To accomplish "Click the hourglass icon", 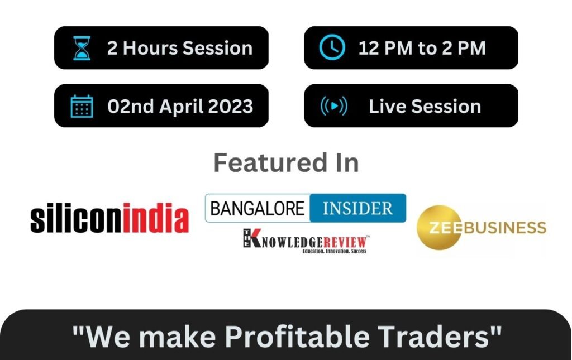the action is point(82,48).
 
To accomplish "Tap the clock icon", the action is point(332,47).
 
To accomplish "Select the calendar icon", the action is point(82,107).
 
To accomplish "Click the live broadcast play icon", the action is point(334,106).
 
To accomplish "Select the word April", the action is point(182,107).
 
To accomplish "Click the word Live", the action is point(388,107).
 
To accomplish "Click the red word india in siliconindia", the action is point(156,218).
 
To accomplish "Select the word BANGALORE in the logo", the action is point(257,208).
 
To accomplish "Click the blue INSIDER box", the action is point(358,208).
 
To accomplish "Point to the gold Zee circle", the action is point(439,227).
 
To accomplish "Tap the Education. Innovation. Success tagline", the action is point(335,251).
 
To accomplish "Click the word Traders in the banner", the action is point(433,336).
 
